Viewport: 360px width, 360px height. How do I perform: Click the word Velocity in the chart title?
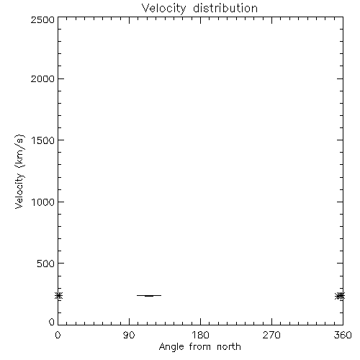click(x=163, y=9)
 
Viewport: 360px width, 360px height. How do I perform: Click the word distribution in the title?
click(x=225, y=8)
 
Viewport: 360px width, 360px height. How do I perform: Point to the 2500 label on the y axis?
click(x=42, y=19)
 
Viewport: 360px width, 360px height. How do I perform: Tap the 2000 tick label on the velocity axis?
click(x=42, y=78)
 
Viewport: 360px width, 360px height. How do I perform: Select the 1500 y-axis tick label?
click(x=43, y=140)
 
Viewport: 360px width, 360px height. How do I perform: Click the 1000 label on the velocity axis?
click(x=43, y=202)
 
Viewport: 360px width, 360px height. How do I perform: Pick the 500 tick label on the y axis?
click(x=46, y=264)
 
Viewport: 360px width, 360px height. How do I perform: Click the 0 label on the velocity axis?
click(x=52, y=322)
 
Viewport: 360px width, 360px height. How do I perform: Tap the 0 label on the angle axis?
click(x=58, y=335)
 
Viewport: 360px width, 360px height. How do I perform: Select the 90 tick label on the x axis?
click(x=129, y=335)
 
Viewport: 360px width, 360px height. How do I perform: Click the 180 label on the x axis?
click(x=200, y=335)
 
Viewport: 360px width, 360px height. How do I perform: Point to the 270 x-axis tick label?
click(x=271, y=335)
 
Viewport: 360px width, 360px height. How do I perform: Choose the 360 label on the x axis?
click(x=343, y=335)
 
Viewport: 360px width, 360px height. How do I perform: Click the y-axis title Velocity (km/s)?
click(x=19, y=171)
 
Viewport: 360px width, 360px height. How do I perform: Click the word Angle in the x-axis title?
click(x=171, y=347)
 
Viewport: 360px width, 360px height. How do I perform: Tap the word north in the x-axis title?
click(x=229, y=347)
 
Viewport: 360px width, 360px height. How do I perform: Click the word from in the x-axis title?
click(x=201, y=347)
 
